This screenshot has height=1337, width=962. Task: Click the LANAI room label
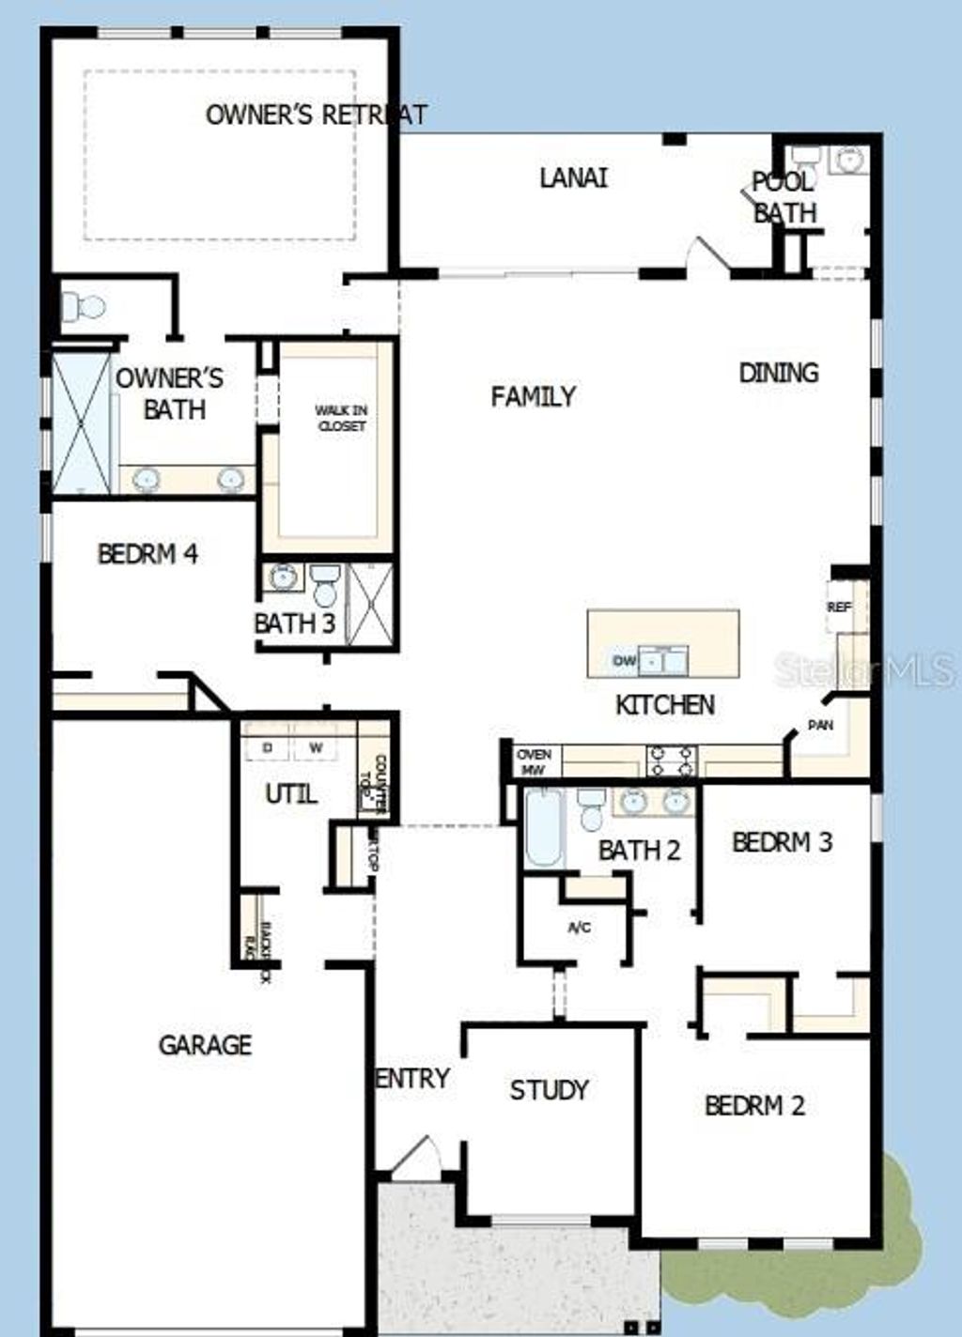(x=573, y=177)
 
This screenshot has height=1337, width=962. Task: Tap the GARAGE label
(x=205, y=1044)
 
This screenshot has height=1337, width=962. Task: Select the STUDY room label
(x=549, y=1089)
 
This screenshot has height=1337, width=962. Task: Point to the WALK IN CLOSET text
(x=341, y=418)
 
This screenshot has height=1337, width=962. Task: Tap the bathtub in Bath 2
(x=543, y=828)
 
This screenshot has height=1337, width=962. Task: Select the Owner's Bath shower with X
(x=81, y=423)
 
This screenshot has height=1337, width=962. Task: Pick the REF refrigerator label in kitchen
(x=839, y=607)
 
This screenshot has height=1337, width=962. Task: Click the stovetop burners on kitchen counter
(x=671, y=761)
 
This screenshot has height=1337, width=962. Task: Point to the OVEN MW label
(x=535, y=761)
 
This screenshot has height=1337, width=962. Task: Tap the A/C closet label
(x=580, y=928)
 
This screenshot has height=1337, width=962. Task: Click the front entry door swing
(x=415, y=1157)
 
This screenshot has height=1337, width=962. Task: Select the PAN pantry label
(x=821, y=725)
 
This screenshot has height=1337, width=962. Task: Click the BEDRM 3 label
(x=782, y=842)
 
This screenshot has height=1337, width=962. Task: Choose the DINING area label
(x=778, y=373)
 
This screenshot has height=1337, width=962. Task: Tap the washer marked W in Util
(x=317, y=747)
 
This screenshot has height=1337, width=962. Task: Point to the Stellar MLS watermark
(x=864, y=669)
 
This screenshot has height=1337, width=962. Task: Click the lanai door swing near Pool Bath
(x=706, y=254)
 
